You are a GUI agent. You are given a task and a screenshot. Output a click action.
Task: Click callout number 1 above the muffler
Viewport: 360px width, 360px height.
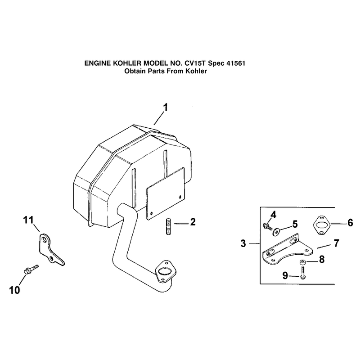165,108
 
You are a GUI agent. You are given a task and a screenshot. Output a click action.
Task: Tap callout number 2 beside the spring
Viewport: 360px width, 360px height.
193,222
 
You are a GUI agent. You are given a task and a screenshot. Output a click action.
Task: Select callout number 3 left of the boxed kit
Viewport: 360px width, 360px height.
243,243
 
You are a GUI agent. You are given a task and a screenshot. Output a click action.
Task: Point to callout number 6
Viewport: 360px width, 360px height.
350,223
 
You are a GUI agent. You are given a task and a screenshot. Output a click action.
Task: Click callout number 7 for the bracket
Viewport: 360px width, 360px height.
336,243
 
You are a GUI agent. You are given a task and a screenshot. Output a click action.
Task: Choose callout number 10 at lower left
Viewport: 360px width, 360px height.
14,290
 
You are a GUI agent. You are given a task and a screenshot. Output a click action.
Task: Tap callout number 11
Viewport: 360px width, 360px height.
28,220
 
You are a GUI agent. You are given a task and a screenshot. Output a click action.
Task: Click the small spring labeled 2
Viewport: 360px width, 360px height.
169,227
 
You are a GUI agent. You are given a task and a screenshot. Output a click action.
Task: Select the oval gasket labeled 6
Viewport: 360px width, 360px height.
322,225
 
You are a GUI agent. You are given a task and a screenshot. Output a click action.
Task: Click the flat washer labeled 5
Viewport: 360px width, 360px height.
275,232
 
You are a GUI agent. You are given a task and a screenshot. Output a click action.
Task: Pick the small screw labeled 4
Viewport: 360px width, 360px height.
267,226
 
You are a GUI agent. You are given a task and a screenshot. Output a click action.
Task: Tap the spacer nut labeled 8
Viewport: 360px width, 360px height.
302,262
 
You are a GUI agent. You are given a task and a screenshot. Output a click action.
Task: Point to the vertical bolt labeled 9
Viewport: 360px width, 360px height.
302,273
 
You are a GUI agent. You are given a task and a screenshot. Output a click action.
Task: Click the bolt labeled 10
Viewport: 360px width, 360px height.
31,269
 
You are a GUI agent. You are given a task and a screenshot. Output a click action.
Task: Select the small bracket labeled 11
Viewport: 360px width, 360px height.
51,250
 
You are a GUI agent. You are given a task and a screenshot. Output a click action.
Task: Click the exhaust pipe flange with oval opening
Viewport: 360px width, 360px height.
164,271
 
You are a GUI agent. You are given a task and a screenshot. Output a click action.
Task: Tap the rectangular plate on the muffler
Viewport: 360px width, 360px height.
165,193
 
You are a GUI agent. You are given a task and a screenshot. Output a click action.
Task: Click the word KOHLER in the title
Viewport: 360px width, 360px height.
127,63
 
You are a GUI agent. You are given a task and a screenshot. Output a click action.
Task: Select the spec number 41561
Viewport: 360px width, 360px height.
236,63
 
